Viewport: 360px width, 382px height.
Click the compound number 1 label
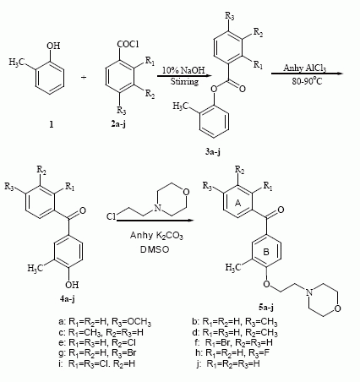click(x=51, y=124)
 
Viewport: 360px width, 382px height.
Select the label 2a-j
click(x=118, y=124)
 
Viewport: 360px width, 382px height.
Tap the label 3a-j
click(x=213, y=152)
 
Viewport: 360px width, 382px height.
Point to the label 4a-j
click(x=68, y=298)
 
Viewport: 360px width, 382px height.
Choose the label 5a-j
click(x=265, y=307)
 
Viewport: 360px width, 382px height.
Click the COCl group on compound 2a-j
click(x=128, y=44)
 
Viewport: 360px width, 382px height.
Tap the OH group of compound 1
click(x=53, y=46)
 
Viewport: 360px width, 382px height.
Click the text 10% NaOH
click(x=183, y=70)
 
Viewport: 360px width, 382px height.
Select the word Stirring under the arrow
click(x=184, y=82)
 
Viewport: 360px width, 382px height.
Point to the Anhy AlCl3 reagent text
click(x=305, y=68)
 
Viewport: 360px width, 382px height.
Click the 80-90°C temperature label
click(x=307, y=81)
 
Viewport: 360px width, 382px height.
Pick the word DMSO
click(x=155, y=249)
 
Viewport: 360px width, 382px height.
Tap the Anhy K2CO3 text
click(x=156, y=236)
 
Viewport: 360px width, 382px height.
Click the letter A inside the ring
click(x=238, y=203)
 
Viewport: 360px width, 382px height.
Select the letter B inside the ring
click(x=266, y=252)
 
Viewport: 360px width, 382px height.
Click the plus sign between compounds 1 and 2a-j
click(x=84, y=77)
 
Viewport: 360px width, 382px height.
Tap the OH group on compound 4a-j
click(x=72, y=285)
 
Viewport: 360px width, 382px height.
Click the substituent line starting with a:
click(x=105, y=322)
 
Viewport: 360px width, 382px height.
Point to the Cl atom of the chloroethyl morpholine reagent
click(x=111, y=216)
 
